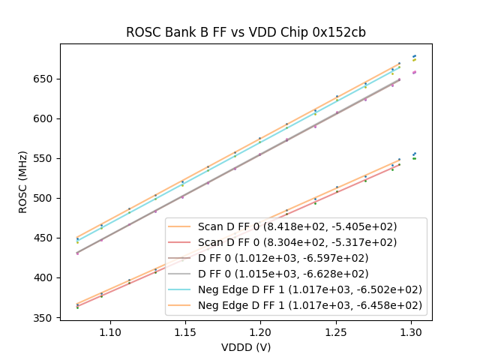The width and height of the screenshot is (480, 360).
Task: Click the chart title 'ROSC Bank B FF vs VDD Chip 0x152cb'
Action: coord(245,32)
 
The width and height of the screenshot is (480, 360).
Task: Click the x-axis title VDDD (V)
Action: coord(245,348)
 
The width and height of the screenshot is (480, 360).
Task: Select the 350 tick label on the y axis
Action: coord(46,317)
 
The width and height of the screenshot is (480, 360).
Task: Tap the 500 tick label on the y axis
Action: coord(46,198)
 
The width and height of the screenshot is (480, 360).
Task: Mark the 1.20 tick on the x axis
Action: coord(260,321)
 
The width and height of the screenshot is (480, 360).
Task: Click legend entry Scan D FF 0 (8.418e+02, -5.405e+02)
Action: coord(297,226)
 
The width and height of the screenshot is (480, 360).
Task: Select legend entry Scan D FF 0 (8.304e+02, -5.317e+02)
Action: coord(297,242)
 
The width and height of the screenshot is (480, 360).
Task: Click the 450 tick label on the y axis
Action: coord(46,238)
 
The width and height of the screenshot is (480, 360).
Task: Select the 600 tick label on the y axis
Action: coord(46,118)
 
